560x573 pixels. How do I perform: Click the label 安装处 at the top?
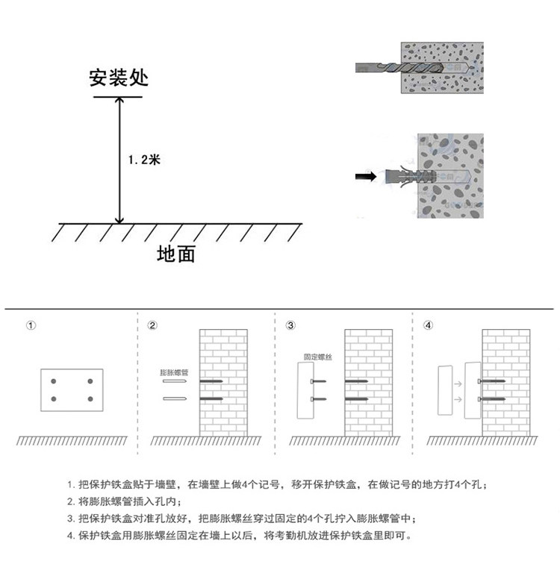tap(118, 79)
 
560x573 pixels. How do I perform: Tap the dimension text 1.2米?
tap(144, 160)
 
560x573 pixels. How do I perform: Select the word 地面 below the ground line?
tap(176, 254)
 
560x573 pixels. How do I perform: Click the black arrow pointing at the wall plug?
tap(365, 177)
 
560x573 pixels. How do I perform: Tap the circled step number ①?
tap(31, 326)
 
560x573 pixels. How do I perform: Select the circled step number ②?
tap(152, 326)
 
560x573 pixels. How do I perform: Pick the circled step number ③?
tap(290, 326)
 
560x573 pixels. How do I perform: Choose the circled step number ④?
tap(428, 326)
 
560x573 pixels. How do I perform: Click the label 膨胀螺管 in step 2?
tap(173, 371)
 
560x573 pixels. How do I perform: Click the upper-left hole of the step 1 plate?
tap(54, 382)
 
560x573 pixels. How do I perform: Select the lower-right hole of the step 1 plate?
tap(90, 399)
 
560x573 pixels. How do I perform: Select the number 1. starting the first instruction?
tap(71, 485)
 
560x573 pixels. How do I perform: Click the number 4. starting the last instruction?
tap(71, 535)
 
